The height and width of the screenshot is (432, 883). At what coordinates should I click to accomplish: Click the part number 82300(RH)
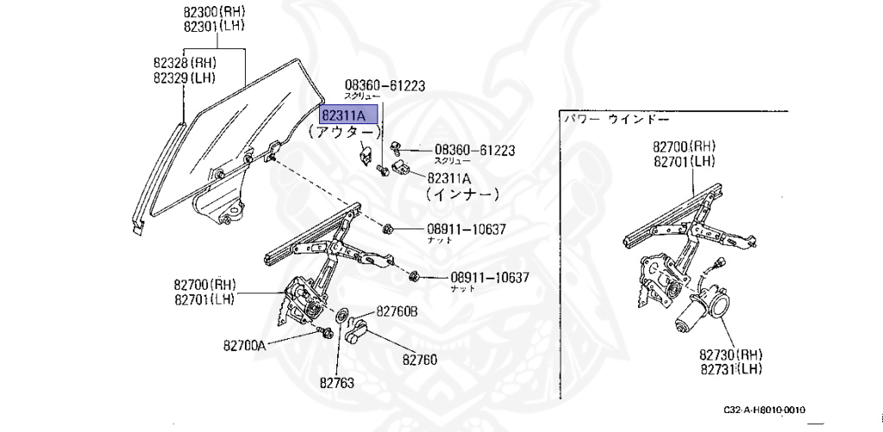point(213,13)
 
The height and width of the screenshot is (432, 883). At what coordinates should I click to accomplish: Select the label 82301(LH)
point(213,27)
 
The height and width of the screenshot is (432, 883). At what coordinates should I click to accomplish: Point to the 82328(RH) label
point(185,64)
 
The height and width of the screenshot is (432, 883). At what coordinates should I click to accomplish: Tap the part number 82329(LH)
point(185,78)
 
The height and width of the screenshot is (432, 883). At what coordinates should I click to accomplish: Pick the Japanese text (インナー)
point(460,195)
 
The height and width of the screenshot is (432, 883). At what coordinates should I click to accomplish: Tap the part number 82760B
point(395,311)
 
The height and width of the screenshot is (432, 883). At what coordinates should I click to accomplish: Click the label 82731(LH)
point(731,370)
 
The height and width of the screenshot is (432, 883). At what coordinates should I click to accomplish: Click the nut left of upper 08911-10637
point(387,229)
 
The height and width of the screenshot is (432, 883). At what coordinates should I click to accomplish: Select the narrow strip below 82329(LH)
point(160,172)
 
